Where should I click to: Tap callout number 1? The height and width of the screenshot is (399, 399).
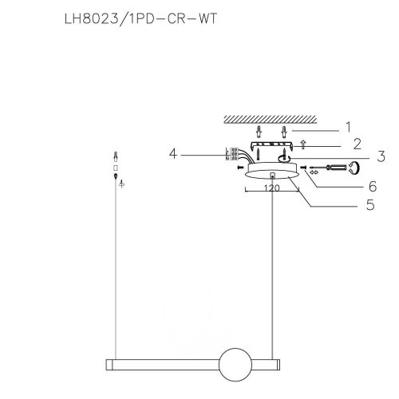click(x=347, y=126)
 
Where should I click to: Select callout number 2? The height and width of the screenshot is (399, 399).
click(x=357, y=144)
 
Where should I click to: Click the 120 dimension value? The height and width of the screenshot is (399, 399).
click(x=272, y=192)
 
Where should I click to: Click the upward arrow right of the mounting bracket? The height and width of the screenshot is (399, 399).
click(x=302, y=145)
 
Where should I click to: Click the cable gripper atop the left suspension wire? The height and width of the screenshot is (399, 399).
click(x=116, y=156)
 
